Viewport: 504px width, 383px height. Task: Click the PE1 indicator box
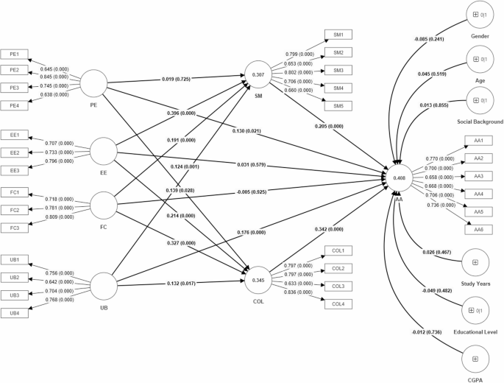coord(15,54)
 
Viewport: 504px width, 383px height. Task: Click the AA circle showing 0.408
coord(400,178)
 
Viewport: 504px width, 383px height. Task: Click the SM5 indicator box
coord(339,105)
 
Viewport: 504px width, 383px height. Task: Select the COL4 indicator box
coord(339,303)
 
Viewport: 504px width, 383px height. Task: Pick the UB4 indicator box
coord(15,313)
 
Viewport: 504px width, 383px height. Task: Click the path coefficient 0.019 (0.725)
coord(182,77)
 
